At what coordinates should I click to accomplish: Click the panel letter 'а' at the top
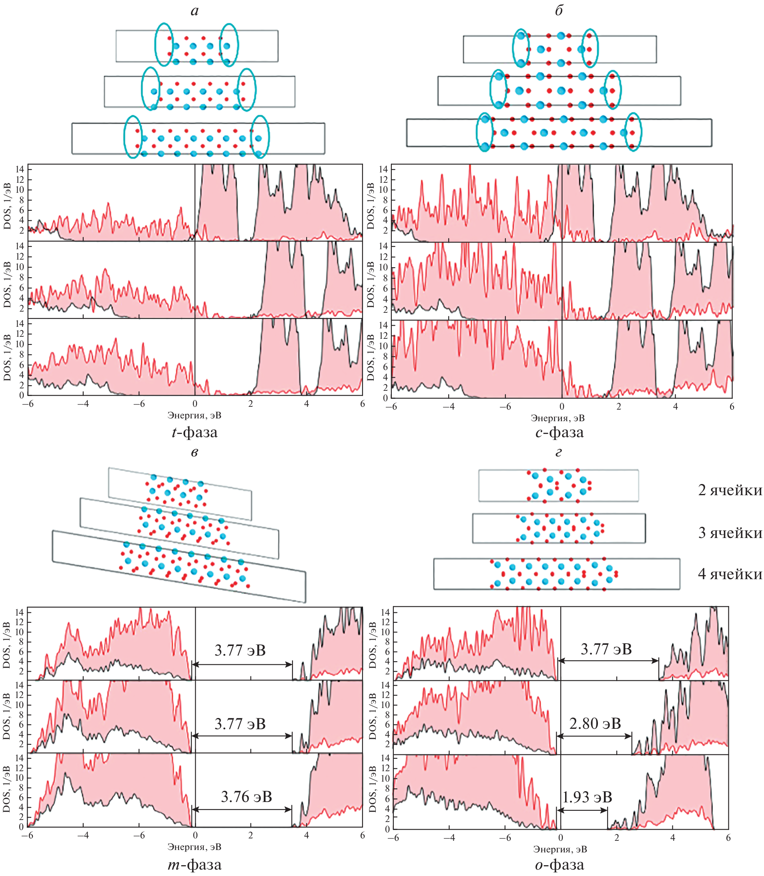click(x=195, y=11)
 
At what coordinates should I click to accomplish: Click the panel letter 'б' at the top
click(x=559, y=10)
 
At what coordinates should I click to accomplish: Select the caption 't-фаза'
click(x=195, y=432)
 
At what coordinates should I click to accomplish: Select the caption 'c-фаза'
click(x=559, y=432)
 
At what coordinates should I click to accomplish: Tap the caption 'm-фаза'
click(x=195, y=864)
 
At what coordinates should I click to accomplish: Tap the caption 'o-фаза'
click(x=559, y=864)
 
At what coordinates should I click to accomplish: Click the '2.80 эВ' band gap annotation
click(x=595, y=724)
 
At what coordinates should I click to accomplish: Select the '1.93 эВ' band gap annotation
click(x=587, y=797)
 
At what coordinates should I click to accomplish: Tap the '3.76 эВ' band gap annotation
click(x=247, y=797)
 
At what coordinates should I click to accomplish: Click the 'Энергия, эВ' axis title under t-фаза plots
click(x=195, y=415)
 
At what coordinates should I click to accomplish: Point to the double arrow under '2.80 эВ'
click(x=595, y=736)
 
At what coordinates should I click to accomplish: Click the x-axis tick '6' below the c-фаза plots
click(x=732, y=406)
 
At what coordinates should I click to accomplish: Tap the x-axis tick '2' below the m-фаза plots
click(x=251, y=836)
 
